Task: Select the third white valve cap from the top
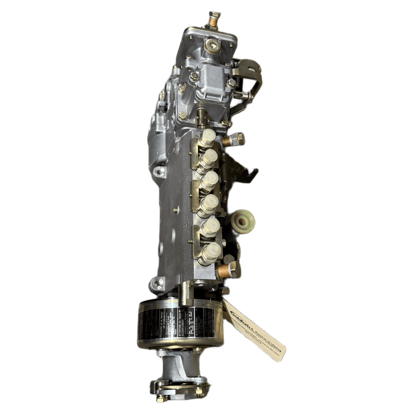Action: point(210,179)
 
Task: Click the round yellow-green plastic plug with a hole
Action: point(243,221)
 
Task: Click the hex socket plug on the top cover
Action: point(213,46)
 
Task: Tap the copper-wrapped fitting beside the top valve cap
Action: point(234,140)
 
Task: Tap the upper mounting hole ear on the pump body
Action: point(160,171)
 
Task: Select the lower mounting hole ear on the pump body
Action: point(158,282)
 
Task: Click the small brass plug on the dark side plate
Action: point(176,210)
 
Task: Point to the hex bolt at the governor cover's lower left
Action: point(182,116)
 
